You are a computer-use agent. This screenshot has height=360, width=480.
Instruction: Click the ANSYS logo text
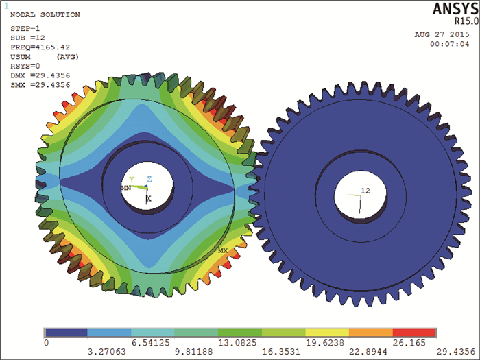pyautogui.click(x=455, y=8)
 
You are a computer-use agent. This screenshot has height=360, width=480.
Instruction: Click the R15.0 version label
pyautogui.click(x=466, y=21)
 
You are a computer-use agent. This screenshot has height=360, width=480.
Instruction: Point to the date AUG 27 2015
pyautogui.click(x=442, y=34)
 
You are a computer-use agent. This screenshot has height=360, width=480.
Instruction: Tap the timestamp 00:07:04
pyautogui.click(x=449, y=44)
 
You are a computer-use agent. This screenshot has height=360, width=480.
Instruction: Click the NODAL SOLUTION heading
pyautogui.click(x=45, y=14)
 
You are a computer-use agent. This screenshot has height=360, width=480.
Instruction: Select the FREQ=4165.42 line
pyautogui.click(x=40, y=47)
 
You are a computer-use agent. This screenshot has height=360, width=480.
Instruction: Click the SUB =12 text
pyautogui.click(x=27, y=38)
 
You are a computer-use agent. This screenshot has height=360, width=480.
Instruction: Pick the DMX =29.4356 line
pyautogui.click(x=40, y=75)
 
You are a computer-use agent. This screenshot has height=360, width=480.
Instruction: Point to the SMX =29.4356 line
pyautogui.click(x=40, y=85)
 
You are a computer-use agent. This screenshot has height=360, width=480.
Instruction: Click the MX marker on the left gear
pyautogui.click(x=223, y=251)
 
